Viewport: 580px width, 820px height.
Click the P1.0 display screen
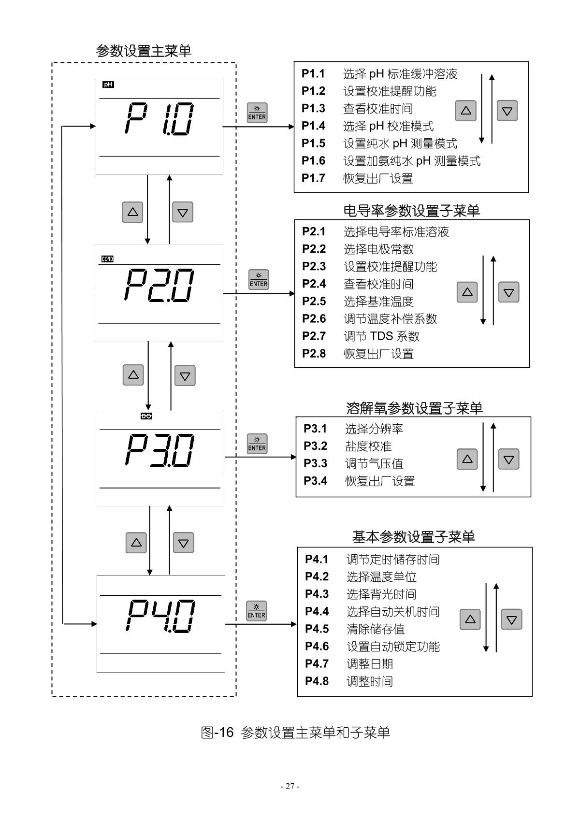click(159, 126)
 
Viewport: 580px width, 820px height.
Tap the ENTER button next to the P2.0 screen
click(259, 280)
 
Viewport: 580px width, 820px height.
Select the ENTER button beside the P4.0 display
click(256, 611)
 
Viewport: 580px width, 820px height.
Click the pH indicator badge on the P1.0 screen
click(108, 85)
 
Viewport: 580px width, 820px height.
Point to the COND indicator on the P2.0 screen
click(107, 259)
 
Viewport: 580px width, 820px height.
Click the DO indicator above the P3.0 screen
click(146, 416)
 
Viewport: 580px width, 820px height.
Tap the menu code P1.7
click(313, 178)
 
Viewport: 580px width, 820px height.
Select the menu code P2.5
click(314, 302)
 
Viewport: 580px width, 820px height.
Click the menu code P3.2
click(315, 446)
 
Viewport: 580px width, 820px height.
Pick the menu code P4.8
click(317, 681)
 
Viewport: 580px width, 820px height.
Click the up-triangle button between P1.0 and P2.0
click(132, 212)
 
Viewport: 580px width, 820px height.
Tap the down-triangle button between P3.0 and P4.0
click(183, 543)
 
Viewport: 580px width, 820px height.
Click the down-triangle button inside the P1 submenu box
click(507, 111)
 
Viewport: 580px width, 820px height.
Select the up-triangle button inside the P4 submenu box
click(470, 619)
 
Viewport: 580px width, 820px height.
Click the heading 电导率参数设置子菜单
click(411, 211)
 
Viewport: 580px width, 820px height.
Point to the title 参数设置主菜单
click(144, 51)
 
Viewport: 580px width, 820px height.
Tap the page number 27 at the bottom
click(290, 786)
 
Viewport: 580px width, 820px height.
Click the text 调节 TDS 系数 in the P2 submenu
click(381, 336)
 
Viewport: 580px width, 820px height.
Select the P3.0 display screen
click(160, 458)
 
